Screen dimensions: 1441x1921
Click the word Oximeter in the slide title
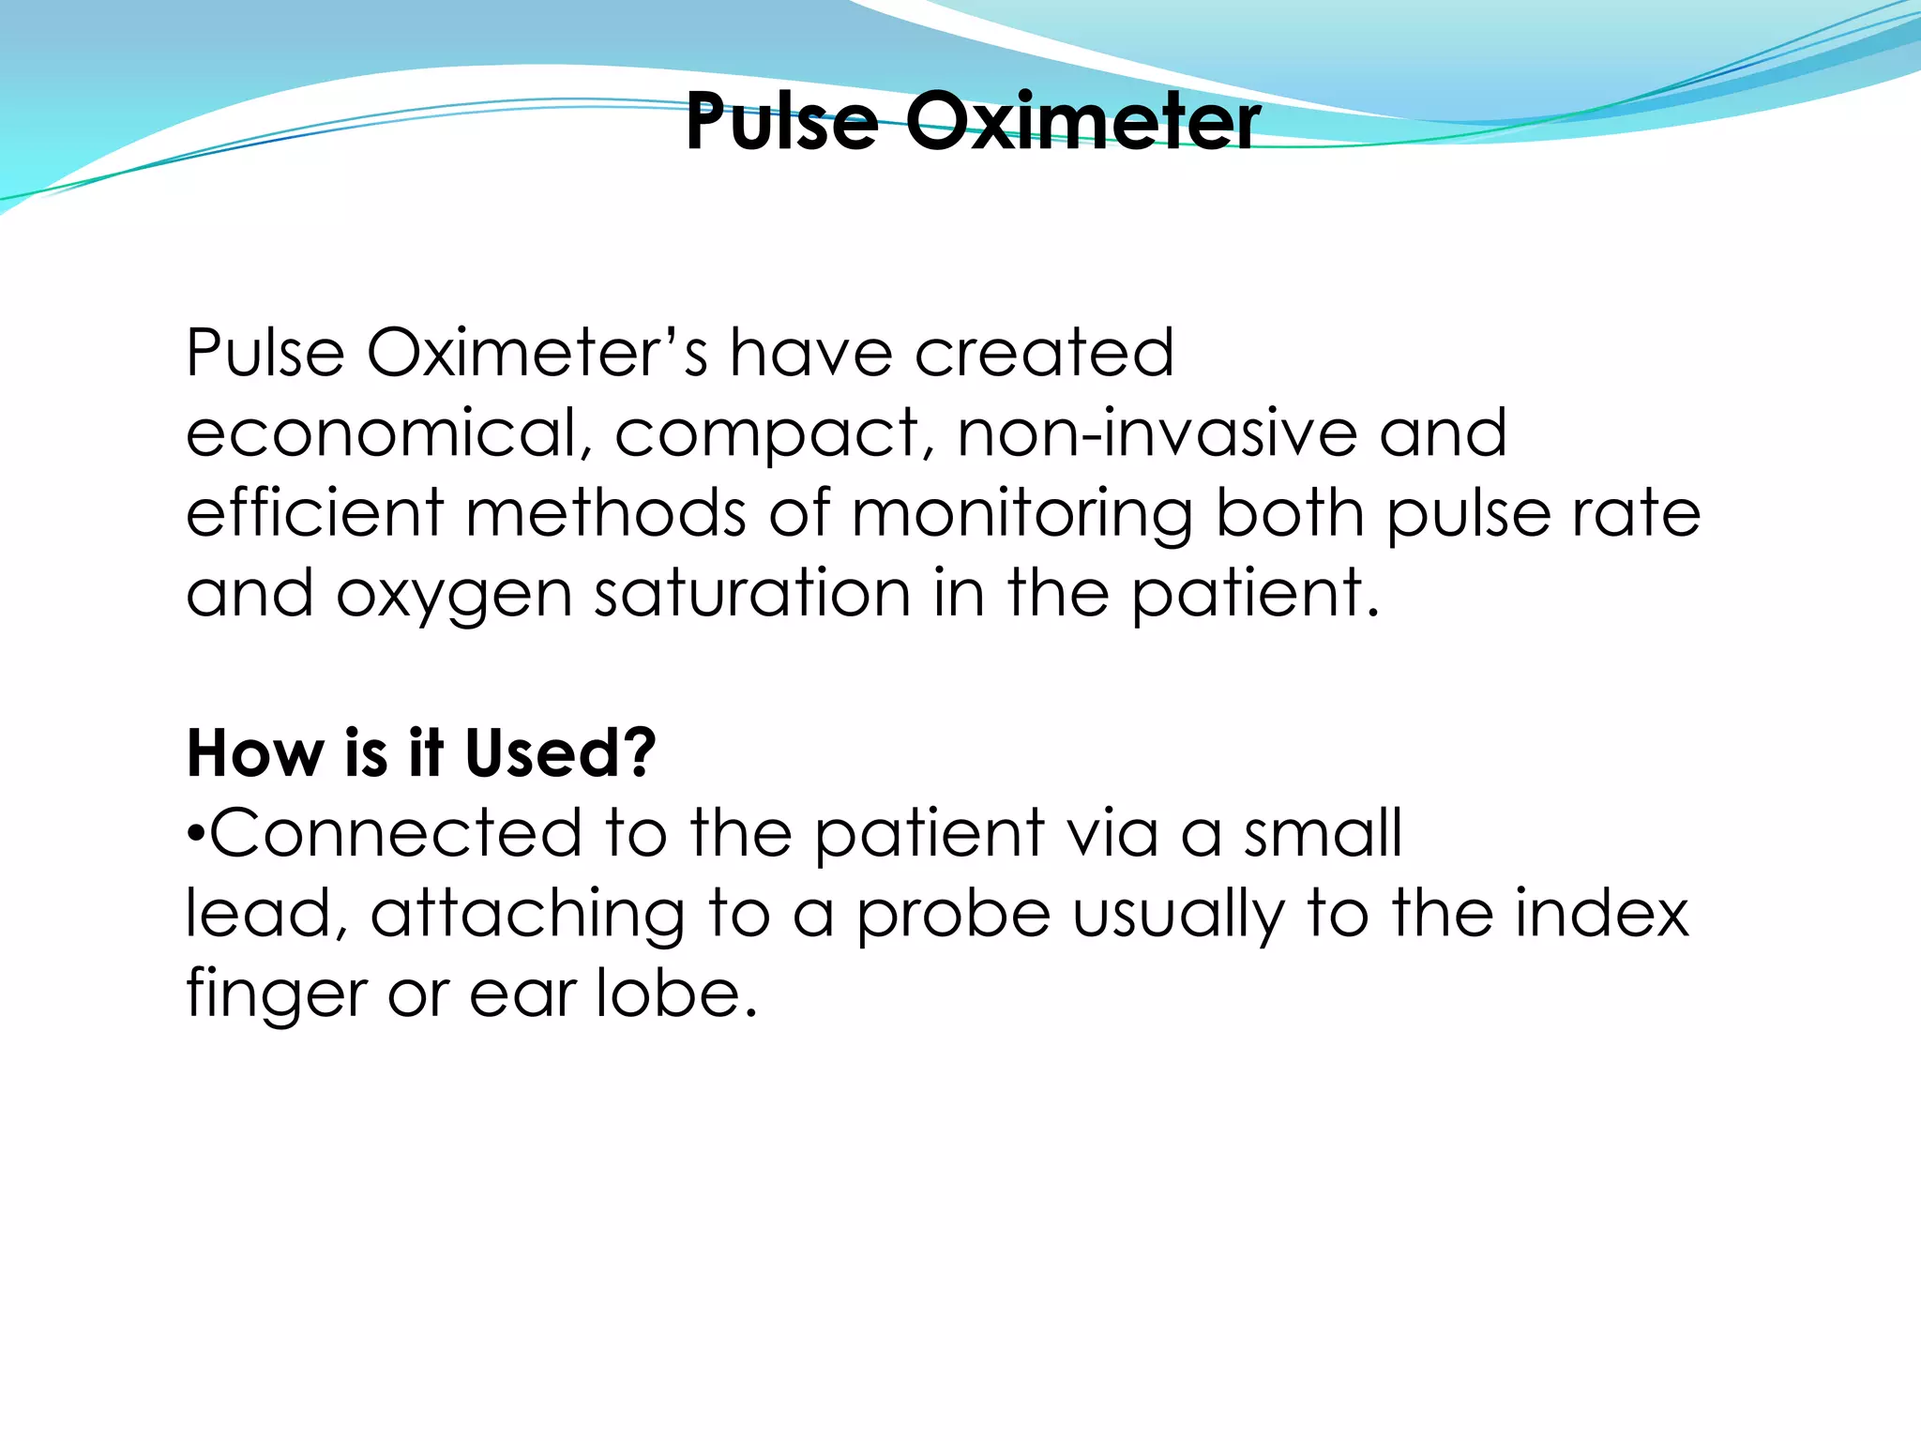tap(1082, 122)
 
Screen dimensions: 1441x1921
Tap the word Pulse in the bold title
tap(781, 122)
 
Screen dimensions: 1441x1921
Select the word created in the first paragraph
tap(1043, 353)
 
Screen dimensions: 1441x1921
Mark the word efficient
tap(314, 513)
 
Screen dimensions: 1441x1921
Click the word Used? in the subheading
tap(560, 753)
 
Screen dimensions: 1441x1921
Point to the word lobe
tap(676, 993)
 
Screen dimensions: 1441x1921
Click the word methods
tap(606, 513)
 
